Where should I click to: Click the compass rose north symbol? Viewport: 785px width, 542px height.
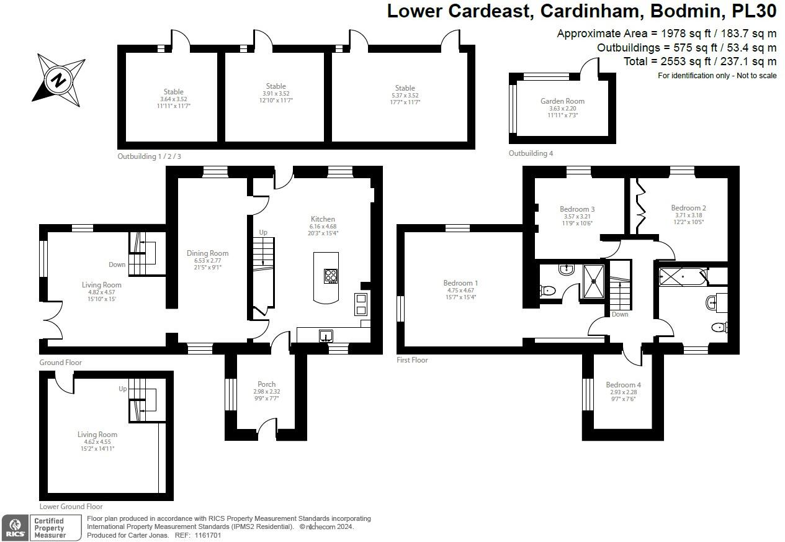[x=58, y=79]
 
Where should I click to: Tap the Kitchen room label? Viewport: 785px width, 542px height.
[x=323, y=219]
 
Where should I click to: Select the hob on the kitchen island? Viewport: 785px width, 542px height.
[x=331, y=275]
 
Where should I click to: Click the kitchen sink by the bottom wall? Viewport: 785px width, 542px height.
[x=326, y=336]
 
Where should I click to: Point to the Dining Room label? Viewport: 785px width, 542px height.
[x=207, y=253]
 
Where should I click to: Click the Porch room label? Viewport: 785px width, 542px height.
[x=266, y=384]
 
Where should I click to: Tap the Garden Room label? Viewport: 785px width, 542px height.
[x=562, y=101]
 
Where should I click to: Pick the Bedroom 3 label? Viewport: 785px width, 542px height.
[x=577, y=209]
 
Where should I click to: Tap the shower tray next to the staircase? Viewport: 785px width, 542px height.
[x=593, y=280]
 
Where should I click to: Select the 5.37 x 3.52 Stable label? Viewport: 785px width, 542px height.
[x=405, y=88]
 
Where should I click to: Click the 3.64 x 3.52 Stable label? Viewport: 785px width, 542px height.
[x=173, y=92]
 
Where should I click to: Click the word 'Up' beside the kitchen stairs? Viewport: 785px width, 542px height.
[x=263, y=232]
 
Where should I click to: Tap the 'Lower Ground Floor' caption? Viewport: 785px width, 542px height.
[x=71, y=507]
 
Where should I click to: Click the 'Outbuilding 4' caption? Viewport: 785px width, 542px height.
[x=531, y=153]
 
